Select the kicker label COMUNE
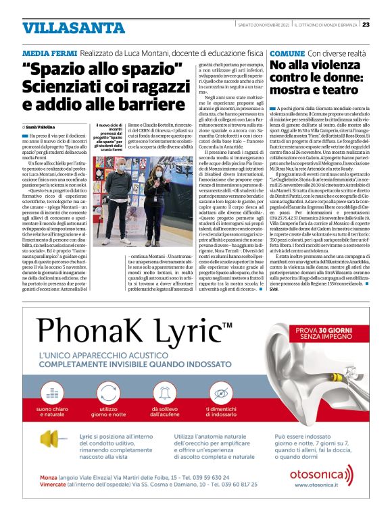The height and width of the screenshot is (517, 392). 287,53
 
